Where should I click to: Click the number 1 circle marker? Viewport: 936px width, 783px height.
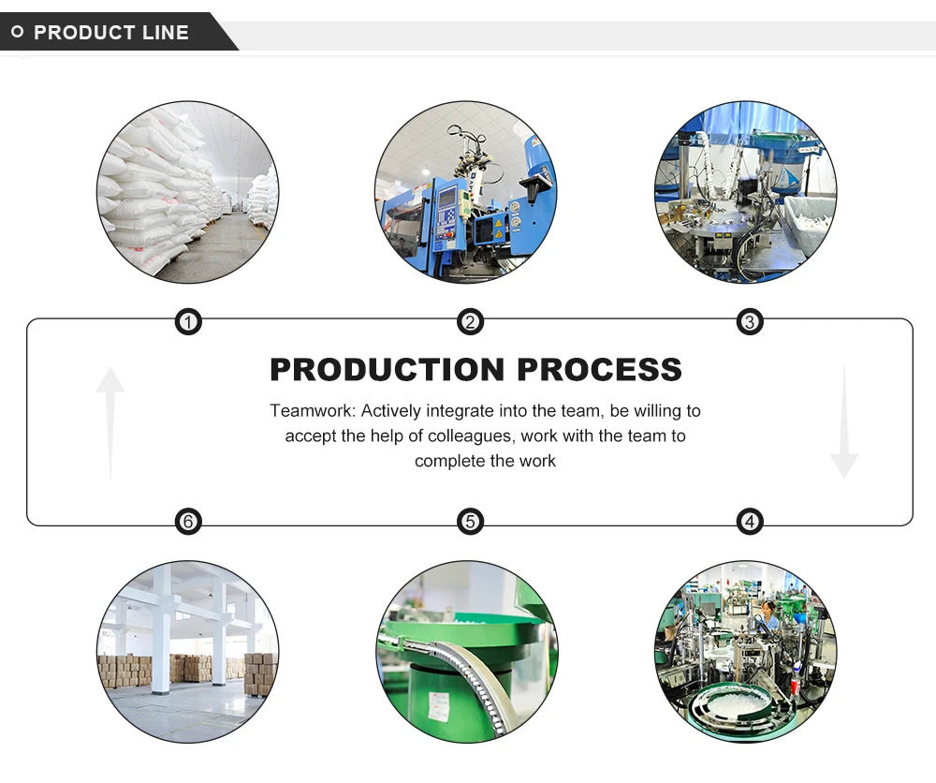click(189, 323)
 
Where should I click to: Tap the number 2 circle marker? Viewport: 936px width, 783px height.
click(470, 323)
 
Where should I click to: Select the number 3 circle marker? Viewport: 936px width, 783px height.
click(750, 323)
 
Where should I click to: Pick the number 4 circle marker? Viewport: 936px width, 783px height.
click(750, 522)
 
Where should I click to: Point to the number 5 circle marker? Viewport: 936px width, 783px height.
click(470, 522)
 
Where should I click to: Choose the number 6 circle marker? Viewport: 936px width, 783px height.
click(189, 522)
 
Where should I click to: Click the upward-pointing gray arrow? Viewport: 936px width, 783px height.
click(110, 421)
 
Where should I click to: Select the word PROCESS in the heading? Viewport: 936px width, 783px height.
click(599, 369)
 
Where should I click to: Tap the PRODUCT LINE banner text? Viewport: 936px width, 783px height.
click(111, 33)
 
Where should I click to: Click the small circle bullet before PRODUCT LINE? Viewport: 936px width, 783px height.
click(17, 33)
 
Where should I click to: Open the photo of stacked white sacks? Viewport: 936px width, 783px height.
click(187, 192)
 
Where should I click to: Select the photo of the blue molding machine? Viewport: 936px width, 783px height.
click(465, 192)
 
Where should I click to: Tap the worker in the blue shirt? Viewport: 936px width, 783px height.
click(768, 618)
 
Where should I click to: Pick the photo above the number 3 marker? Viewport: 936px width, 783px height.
click(745, 192)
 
